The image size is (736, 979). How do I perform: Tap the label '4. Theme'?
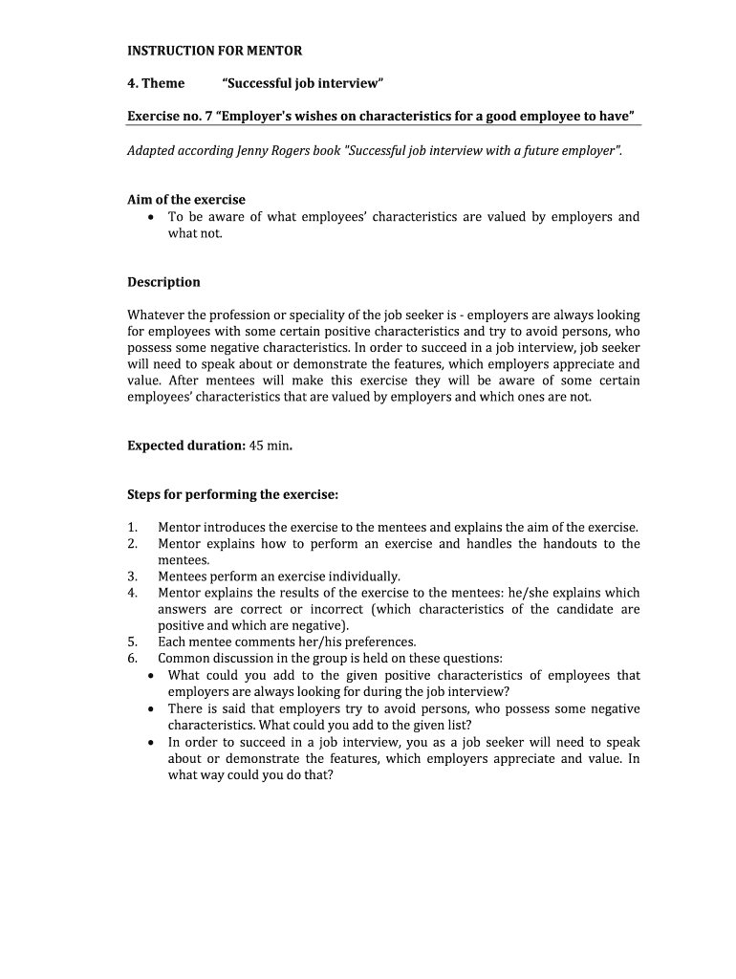[156, 83]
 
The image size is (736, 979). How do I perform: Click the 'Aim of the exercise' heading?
[186, 200]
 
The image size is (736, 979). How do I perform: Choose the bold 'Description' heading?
[163, 282]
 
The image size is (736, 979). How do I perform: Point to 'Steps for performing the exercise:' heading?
[233, 494]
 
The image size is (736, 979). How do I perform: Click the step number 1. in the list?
[133, 528]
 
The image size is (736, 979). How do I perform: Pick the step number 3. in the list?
[133, 577]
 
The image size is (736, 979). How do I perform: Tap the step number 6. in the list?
[133, 659]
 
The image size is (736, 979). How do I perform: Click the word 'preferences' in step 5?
[379, 642]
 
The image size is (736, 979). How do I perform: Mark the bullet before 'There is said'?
[153, 709]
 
